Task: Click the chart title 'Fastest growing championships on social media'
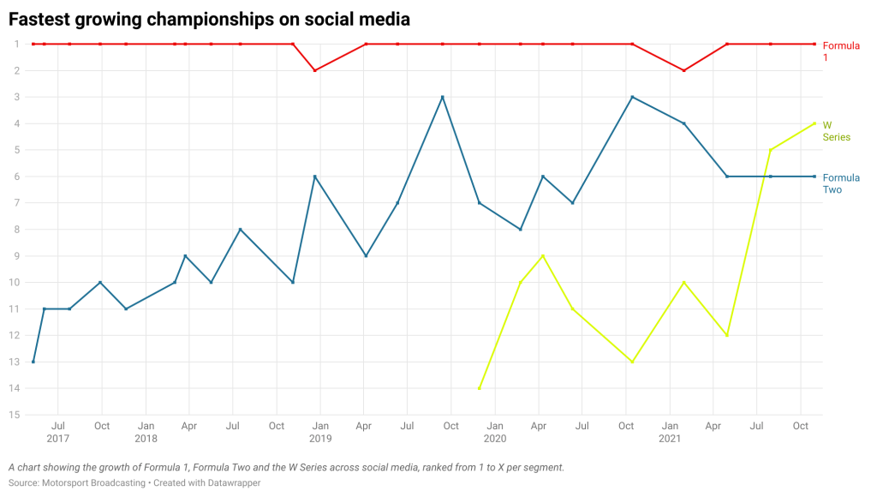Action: [209, 18]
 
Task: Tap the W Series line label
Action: [836, 130]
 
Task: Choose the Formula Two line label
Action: [840, 183]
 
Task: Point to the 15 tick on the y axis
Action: [15, 416]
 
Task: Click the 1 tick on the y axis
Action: [16, 44]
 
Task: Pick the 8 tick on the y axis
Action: [16, 230]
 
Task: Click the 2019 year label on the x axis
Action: [320, 439]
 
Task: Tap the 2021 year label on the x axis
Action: [670, 439]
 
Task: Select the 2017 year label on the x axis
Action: [58, 439]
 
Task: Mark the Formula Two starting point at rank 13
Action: [33, 362]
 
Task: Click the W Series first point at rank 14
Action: [480, 388]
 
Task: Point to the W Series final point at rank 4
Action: [814, 123]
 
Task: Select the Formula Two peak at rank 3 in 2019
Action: [442, 97]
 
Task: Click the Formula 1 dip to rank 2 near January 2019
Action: [315, 70]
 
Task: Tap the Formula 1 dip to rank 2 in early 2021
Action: [683, 70]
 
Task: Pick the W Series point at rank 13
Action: [632, 362]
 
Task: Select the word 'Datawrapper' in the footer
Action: [230, 483]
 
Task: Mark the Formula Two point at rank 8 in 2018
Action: [240, 230]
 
